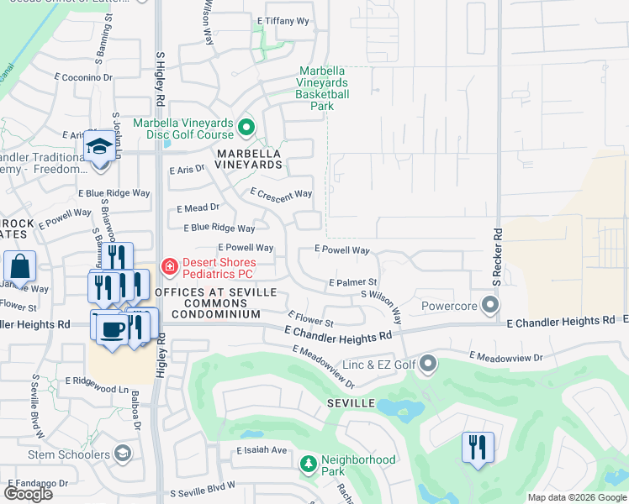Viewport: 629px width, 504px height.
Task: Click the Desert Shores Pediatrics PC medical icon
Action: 170,267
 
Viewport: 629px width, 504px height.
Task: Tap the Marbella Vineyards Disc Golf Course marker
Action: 246,129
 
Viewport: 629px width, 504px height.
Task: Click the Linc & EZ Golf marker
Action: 429,365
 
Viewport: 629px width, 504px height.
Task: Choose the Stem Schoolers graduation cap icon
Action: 123,454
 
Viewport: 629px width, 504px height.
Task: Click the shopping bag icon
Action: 20,266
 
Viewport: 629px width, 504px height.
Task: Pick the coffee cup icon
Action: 109,328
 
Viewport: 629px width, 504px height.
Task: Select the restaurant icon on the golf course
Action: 478,446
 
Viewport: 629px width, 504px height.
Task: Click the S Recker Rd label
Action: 498,256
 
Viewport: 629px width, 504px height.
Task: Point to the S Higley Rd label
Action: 160,78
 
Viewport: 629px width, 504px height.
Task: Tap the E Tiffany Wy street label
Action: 283,20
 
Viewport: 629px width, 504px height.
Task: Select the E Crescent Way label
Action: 281,193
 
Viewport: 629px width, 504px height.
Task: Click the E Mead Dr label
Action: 198,207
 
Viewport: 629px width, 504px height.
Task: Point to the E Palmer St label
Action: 353,282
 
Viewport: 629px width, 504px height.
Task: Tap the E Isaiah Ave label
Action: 262,450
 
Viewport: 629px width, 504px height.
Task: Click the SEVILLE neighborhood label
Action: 351,404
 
